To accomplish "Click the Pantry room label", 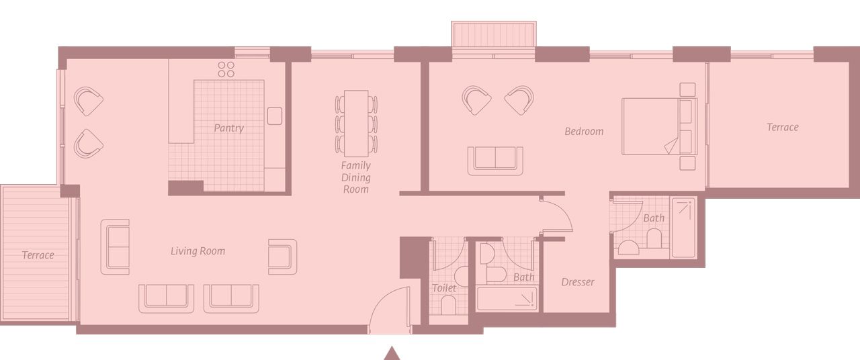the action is click(x=229, y=128).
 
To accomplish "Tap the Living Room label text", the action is click(x=198, y=251).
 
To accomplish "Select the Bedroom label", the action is click(x=584, y=132).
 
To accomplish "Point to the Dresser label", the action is click(x=577, y=282).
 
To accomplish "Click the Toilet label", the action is click(x=444, y=288).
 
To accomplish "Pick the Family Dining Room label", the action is click(x=356, y=177).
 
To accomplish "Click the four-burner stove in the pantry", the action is click(x=226, y=69).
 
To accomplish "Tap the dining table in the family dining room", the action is click(x=356, y=123).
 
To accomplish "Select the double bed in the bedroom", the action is click(x=659, y=126).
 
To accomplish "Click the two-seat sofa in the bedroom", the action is click(x=495, y=161).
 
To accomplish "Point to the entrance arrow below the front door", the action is click(x=392, y=353).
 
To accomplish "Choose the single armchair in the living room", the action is click(x=283, y=257).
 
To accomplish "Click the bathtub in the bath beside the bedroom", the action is click(x=683, y=228).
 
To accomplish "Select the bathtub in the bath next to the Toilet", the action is click(x=507, y=298).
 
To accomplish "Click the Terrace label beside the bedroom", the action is click(x=783, y=127).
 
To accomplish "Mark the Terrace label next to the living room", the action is click(x=38, y=255).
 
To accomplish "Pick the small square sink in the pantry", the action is click(x=275, y=116).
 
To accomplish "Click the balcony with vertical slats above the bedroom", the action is click(x=494, y=34).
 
